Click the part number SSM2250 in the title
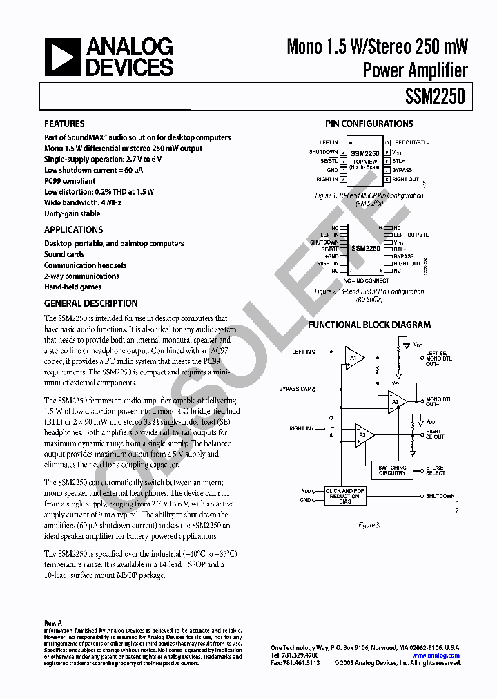tap(436, 98)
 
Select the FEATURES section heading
tap(64, 124)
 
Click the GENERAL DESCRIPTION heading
tap(90, 303)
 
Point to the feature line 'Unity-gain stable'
tap(72, 214)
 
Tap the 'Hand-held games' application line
tap(72, 287)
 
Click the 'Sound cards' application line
tap(64, 254)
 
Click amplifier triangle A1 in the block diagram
tap(354, 358)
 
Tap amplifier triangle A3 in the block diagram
tap(363, 434)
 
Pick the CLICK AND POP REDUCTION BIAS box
tap(344, 497)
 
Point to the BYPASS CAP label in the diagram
tap(295, 389)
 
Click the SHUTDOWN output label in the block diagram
tap(440, 496)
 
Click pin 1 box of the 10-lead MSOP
tap(342, 143)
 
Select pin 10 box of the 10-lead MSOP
tap(387, 143)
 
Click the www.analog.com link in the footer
tap(436, 655)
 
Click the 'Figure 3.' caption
tap(368, 526)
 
